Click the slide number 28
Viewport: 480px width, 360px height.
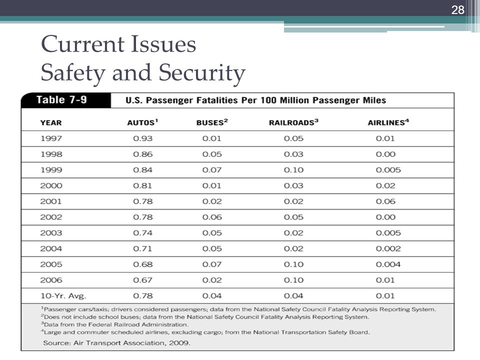coord(457,10)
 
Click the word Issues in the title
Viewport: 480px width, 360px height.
coord(164,44)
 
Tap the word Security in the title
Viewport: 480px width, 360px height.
coord(201,73)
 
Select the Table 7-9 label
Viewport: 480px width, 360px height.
coord(61,100)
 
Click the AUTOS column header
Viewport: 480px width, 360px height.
coord(142,122)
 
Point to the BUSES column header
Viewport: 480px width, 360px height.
coord(212,122)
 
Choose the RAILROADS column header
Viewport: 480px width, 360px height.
coord(293,122)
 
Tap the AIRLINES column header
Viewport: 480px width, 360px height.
coord(388,122)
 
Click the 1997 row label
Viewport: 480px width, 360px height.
coord(51,138)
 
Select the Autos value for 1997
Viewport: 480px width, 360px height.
coord(142,138)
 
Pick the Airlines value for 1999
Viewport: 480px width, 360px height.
coord(388,170)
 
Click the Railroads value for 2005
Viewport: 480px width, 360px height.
coord(293,264)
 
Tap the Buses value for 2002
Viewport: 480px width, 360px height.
coord(212,217)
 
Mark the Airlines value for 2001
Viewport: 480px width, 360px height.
coord(385,201)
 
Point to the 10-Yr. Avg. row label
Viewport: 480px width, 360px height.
coord(63,296)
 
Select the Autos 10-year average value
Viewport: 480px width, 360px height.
coord(142,295)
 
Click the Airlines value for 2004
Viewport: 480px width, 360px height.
coord(388,248)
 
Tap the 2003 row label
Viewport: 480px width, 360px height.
coord(51,233)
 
